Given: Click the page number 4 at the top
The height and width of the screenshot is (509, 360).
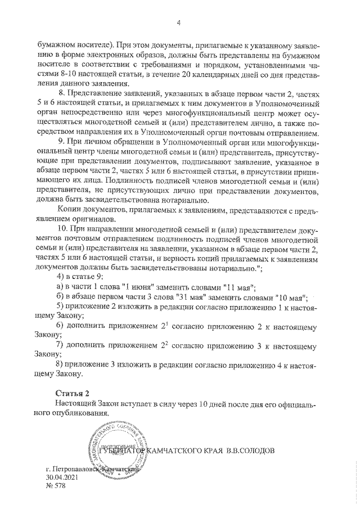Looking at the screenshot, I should (x=179, y=23).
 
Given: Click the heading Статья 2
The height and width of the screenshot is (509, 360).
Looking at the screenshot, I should (x=71, y=393).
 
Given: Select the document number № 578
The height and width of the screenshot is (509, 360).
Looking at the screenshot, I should (x=56, y=486).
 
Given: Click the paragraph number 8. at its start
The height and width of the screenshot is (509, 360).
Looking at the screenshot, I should (x=62, y=93).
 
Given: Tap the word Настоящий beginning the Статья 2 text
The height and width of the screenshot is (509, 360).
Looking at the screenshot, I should (x=75, y=403).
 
